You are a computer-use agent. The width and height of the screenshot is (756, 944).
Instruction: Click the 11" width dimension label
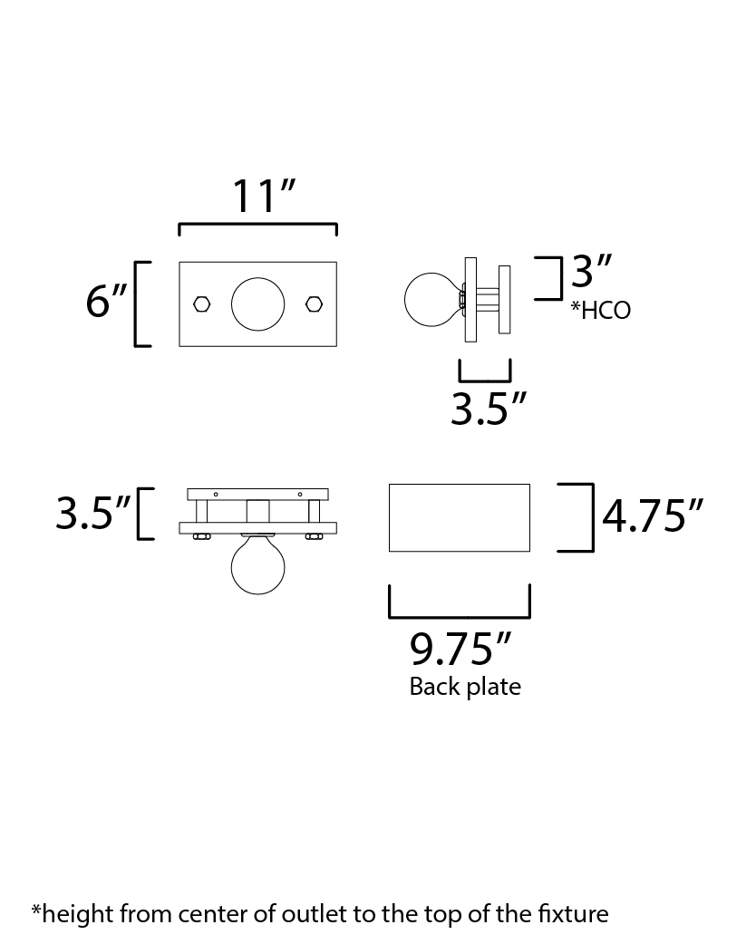[263, 197]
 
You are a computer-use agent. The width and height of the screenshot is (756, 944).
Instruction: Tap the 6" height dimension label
[107, 301]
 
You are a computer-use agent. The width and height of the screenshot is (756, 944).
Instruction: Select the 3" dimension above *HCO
[591, 271]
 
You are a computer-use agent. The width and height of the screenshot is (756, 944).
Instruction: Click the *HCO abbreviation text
[601, 310]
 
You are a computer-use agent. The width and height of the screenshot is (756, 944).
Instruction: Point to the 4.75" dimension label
[653, 516]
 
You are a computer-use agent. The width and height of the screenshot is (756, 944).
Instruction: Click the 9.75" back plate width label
[460, 649]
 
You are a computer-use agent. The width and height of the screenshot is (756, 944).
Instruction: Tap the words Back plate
[465, 687]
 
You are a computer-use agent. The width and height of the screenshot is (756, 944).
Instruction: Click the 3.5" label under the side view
[489, 409]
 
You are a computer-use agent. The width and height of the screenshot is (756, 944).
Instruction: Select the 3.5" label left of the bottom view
[92, 514]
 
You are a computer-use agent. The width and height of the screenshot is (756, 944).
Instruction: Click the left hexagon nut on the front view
[202, 304]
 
